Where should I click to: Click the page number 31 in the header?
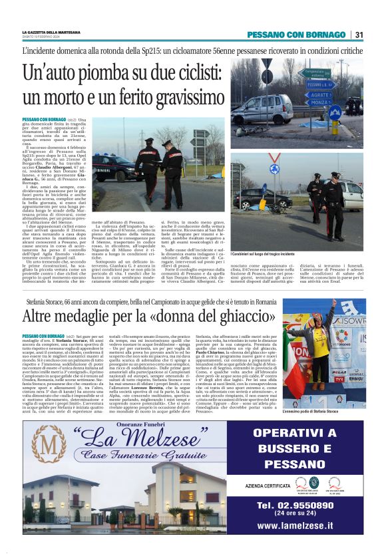[x=359, y=35]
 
